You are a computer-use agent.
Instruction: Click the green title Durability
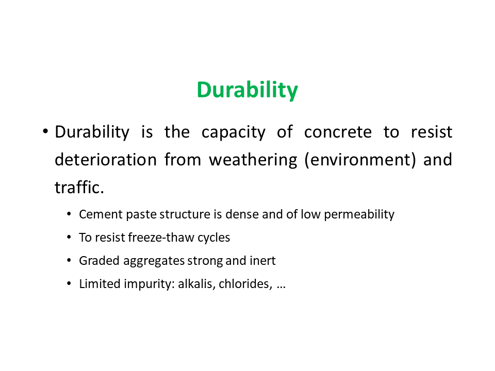[x=247, y=90]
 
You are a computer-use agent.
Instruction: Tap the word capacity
[x=234, y=132]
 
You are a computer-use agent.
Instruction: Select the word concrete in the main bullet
[x=338, y=132]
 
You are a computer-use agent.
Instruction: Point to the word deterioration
[x=106, y=160]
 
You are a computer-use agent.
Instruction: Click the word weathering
[x=253, y=160]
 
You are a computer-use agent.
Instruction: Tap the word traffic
[x=79, y=188]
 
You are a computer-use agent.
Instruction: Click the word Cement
[x=101, y=214]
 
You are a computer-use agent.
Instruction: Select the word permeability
[x=359, y=215]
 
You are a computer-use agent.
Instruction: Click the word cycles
[x=213, y=238]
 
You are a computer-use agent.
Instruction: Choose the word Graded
[x=99, y=261]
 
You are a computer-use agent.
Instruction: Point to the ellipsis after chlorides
[x=281, y=288]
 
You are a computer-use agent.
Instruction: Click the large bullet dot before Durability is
[x=45, y=131]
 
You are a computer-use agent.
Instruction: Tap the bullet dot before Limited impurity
[x=69, y=283]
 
